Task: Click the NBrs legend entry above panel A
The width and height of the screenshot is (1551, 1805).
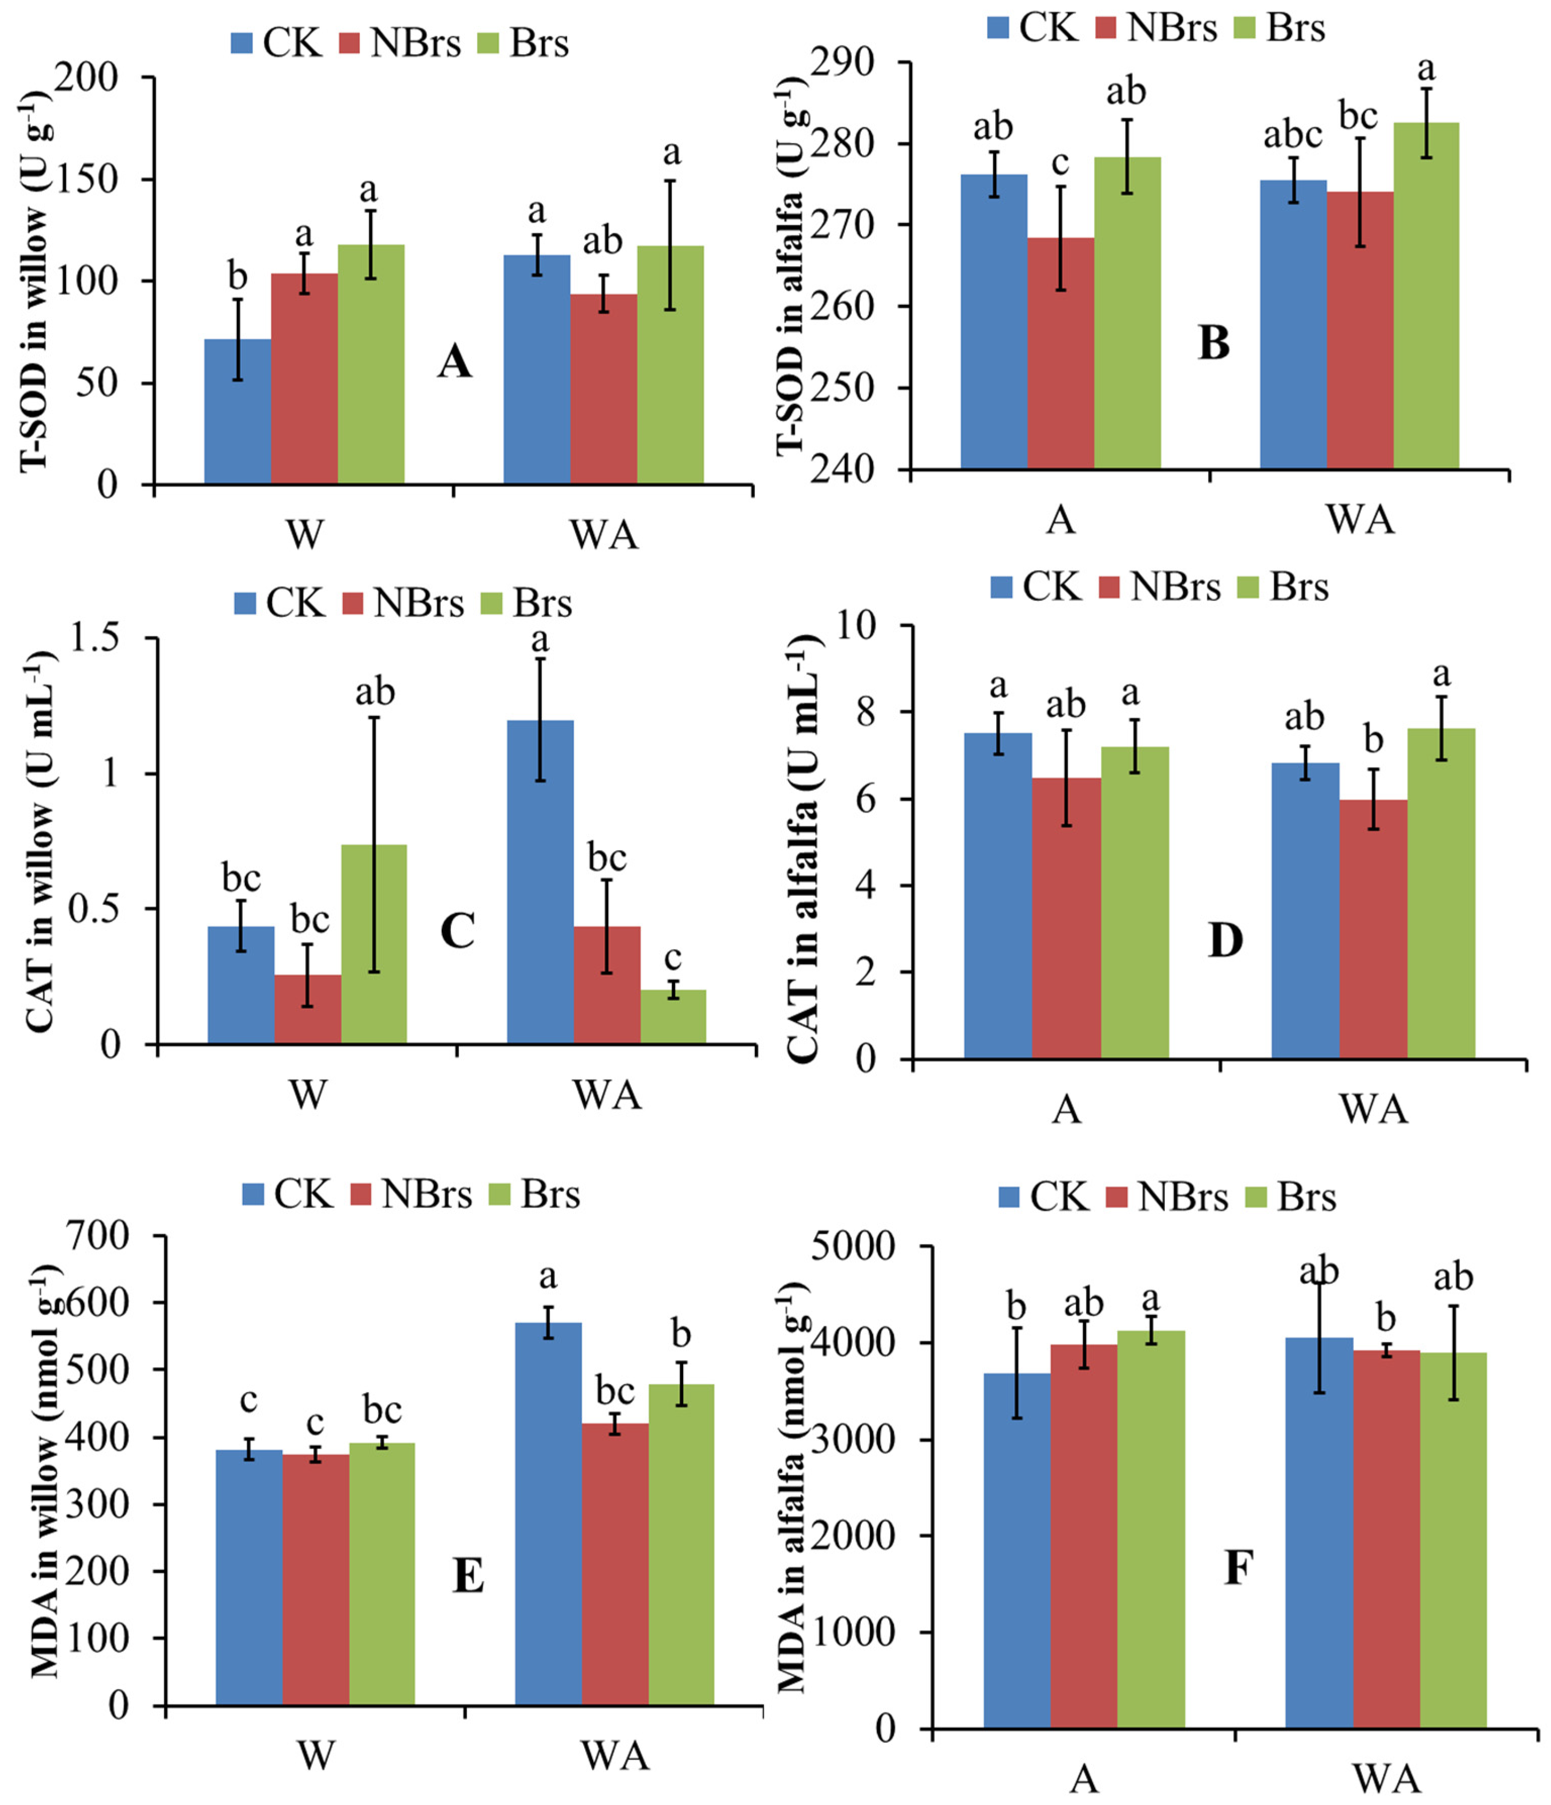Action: [400, 43]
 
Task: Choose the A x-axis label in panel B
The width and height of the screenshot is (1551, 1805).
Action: [1060, 520]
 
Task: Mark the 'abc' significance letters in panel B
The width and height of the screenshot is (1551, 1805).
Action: [1292, 135]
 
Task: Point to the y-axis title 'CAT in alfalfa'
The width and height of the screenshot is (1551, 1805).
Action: [805, 849]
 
